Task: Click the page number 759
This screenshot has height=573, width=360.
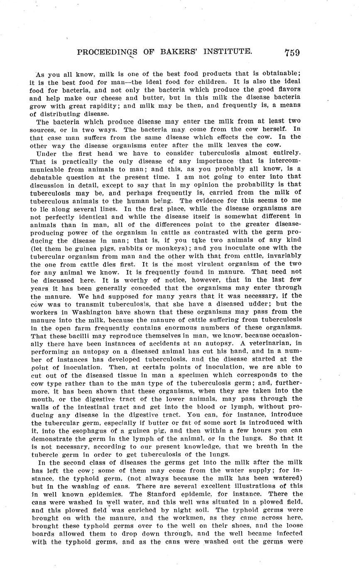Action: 292,52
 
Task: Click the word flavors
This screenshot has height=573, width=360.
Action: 286,90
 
